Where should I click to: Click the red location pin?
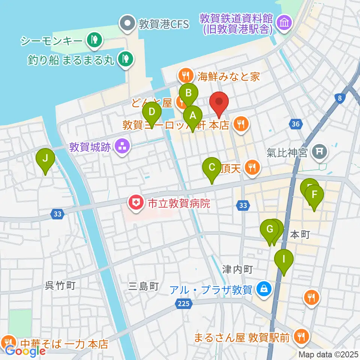[219, 102]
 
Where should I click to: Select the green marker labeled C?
[212, 167]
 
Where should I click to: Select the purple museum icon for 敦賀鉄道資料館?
[282, 22]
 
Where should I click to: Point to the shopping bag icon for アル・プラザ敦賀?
[264, 289]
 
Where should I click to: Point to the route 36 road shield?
[296, 124]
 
